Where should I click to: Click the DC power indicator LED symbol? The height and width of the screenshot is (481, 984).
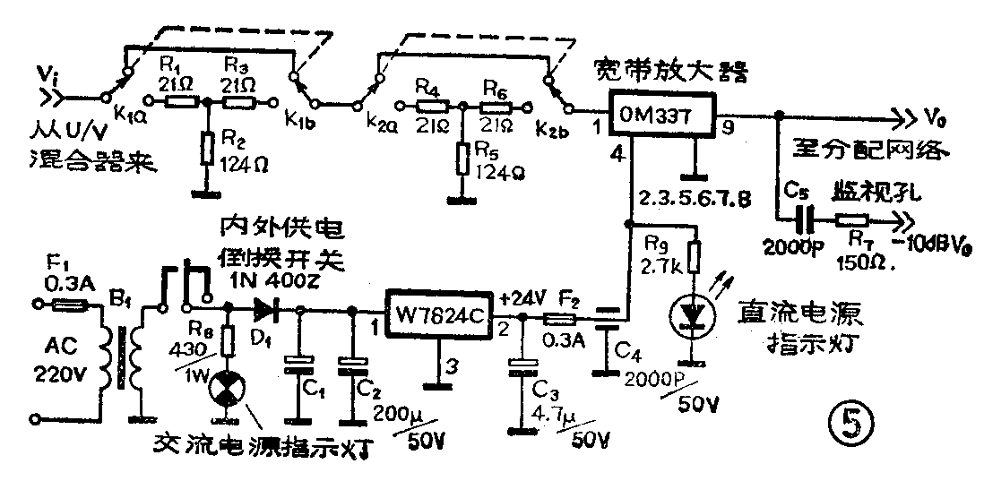tap(692, 316)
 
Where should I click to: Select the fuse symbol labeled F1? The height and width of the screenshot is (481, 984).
tap(68, 305)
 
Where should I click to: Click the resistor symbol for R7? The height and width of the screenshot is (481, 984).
tap(852, 218)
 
